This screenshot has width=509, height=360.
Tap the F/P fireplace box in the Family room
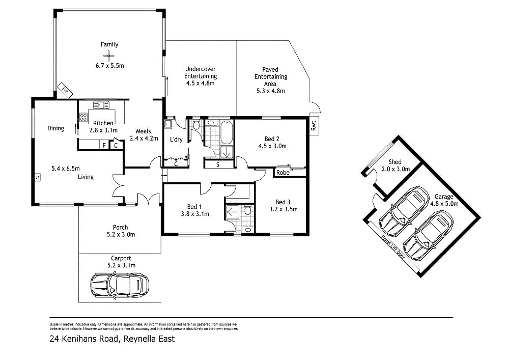point(65,90)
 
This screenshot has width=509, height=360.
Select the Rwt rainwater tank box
point(314,125)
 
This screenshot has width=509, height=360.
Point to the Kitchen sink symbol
point(101,105)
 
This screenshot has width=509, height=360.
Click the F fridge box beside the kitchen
point(104,145)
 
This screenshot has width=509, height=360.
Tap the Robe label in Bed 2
point(282,173)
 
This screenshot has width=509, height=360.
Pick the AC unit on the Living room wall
point(37,178)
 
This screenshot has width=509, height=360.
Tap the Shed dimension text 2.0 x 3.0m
point(400,169)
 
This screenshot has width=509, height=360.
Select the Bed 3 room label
point(283,201)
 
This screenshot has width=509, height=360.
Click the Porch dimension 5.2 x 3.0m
point(121,235)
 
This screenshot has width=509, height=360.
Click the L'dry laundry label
point(176,140)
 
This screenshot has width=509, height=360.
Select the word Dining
point(56,128)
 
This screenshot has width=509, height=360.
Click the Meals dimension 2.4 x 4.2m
point(144,138)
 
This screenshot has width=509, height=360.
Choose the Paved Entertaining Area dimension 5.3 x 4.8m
point(270,91)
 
